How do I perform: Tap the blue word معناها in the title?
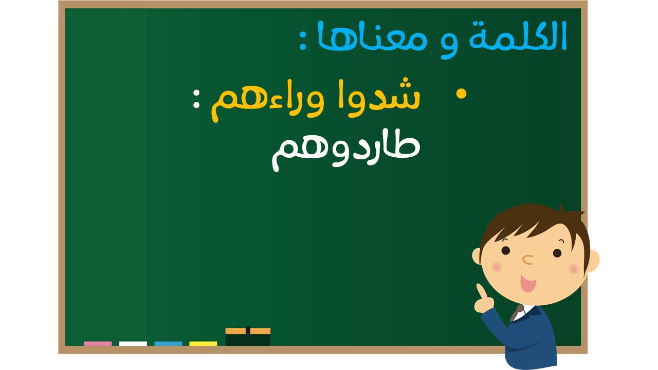point(372,36)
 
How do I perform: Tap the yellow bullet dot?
point(461,94)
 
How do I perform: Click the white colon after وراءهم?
point(196,99)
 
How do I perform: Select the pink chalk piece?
point(98,344)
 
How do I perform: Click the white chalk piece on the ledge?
point(133,344)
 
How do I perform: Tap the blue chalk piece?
point(168,344)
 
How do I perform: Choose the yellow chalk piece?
point(203,344)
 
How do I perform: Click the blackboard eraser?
point(248,337)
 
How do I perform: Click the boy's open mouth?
point(528,283)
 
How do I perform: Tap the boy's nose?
point(528,260)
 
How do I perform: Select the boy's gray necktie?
point(517,313)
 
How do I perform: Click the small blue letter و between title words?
point(449,44)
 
